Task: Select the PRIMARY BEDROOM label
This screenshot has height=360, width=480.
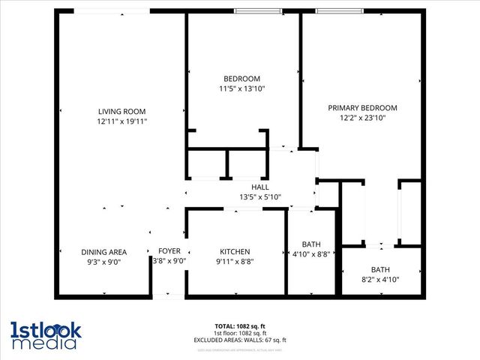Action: (362, 108)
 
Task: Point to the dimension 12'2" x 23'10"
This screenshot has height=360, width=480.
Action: (362, 118)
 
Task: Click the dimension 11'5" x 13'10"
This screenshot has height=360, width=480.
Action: (241, 89)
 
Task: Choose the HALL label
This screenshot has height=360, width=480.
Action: (259, 187)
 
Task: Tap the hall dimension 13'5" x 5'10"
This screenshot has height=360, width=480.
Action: (259, 197)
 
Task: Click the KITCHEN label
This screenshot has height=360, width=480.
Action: (235, 252)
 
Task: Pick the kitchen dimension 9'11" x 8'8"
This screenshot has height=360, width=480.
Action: (235, 262)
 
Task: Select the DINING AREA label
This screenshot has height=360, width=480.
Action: (104, 252)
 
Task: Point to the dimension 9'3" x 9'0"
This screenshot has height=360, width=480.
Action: (104, 262)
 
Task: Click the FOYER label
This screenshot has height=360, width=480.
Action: (169, 252)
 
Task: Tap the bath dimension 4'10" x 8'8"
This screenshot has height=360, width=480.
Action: (311, 254)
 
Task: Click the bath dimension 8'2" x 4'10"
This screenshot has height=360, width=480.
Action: (380, 280)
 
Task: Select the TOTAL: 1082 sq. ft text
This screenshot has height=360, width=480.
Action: (240, 326)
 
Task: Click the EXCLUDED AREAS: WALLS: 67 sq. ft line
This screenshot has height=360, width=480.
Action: (240, 340)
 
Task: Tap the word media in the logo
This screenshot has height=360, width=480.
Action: (43, 343)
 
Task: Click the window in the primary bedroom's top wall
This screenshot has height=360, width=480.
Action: (339, 11)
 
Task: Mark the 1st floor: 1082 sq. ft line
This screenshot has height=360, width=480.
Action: (240, 333)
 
